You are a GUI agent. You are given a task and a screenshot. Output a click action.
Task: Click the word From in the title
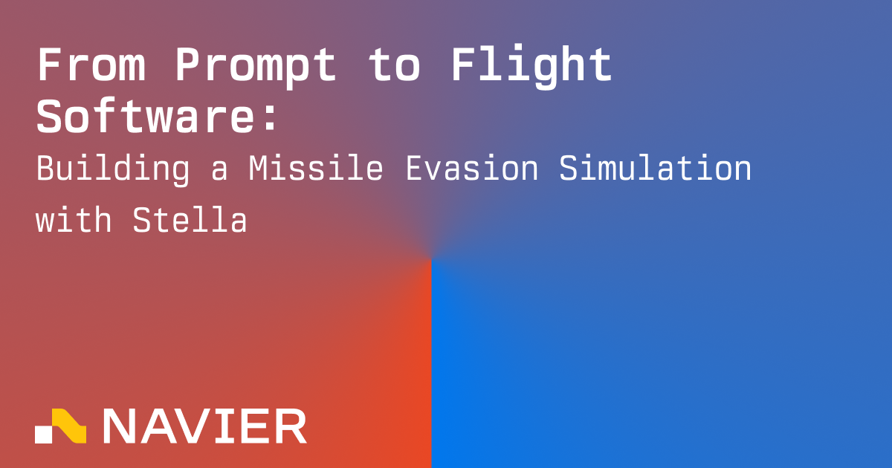click(91, 65)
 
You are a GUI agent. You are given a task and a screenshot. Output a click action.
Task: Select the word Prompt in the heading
click(255, 68)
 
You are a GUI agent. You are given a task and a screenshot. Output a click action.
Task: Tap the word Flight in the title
click(531, 67)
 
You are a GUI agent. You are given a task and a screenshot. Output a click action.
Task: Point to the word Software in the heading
click(146, 116)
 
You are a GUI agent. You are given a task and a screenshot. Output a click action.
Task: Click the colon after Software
click(270, 118)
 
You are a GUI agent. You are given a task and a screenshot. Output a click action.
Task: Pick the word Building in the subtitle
click(113, 170)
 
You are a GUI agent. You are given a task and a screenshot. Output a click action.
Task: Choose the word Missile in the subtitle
click(316, 168)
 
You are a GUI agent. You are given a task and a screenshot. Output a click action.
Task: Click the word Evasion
click(472, 168)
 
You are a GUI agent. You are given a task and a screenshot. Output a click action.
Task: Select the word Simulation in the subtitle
click(655, 168)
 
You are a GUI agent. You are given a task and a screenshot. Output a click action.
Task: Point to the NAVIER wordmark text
click(205, 426)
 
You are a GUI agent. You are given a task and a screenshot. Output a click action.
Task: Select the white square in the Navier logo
click(43, 435)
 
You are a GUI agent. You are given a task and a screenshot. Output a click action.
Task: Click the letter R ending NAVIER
click(291, 426)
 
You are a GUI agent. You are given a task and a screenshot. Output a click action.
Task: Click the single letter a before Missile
click(219, 172)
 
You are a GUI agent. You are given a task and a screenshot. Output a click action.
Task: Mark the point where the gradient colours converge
click(431, 259)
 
